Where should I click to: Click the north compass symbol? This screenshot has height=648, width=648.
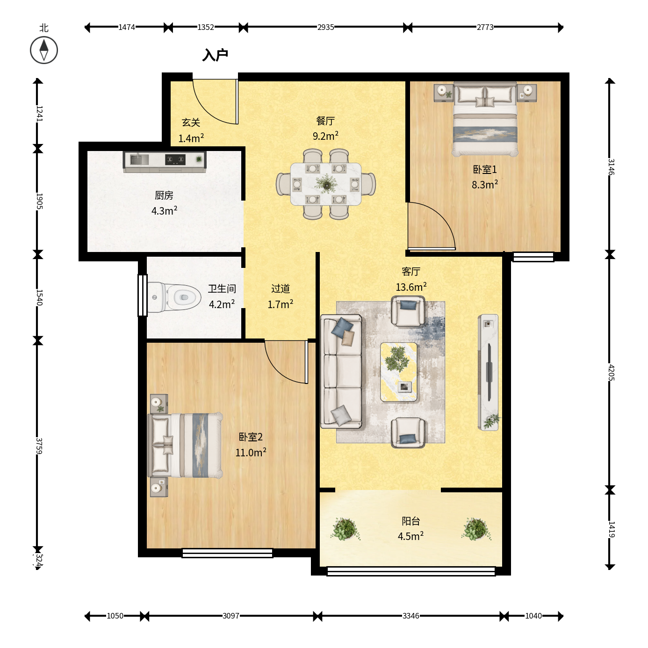44,50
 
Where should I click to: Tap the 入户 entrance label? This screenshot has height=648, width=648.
215,55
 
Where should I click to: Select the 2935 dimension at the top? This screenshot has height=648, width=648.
325,27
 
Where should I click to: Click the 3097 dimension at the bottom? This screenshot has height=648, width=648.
230,616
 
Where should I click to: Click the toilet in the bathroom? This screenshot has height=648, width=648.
174,297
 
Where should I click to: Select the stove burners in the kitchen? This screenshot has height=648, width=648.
175,159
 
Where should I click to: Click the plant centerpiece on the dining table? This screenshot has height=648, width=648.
326,184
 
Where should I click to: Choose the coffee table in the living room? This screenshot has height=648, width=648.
399,372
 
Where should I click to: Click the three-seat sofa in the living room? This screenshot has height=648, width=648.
341,372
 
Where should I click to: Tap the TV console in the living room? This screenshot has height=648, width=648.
488,372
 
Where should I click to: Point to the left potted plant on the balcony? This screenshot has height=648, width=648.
345,529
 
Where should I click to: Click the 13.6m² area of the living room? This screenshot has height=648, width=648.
411,287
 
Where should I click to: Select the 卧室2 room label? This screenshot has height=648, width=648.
251,437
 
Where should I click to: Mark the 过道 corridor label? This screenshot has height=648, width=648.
281,288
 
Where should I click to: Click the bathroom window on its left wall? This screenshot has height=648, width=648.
143,295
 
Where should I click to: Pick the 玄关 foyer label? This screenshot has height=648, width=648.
191,122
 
